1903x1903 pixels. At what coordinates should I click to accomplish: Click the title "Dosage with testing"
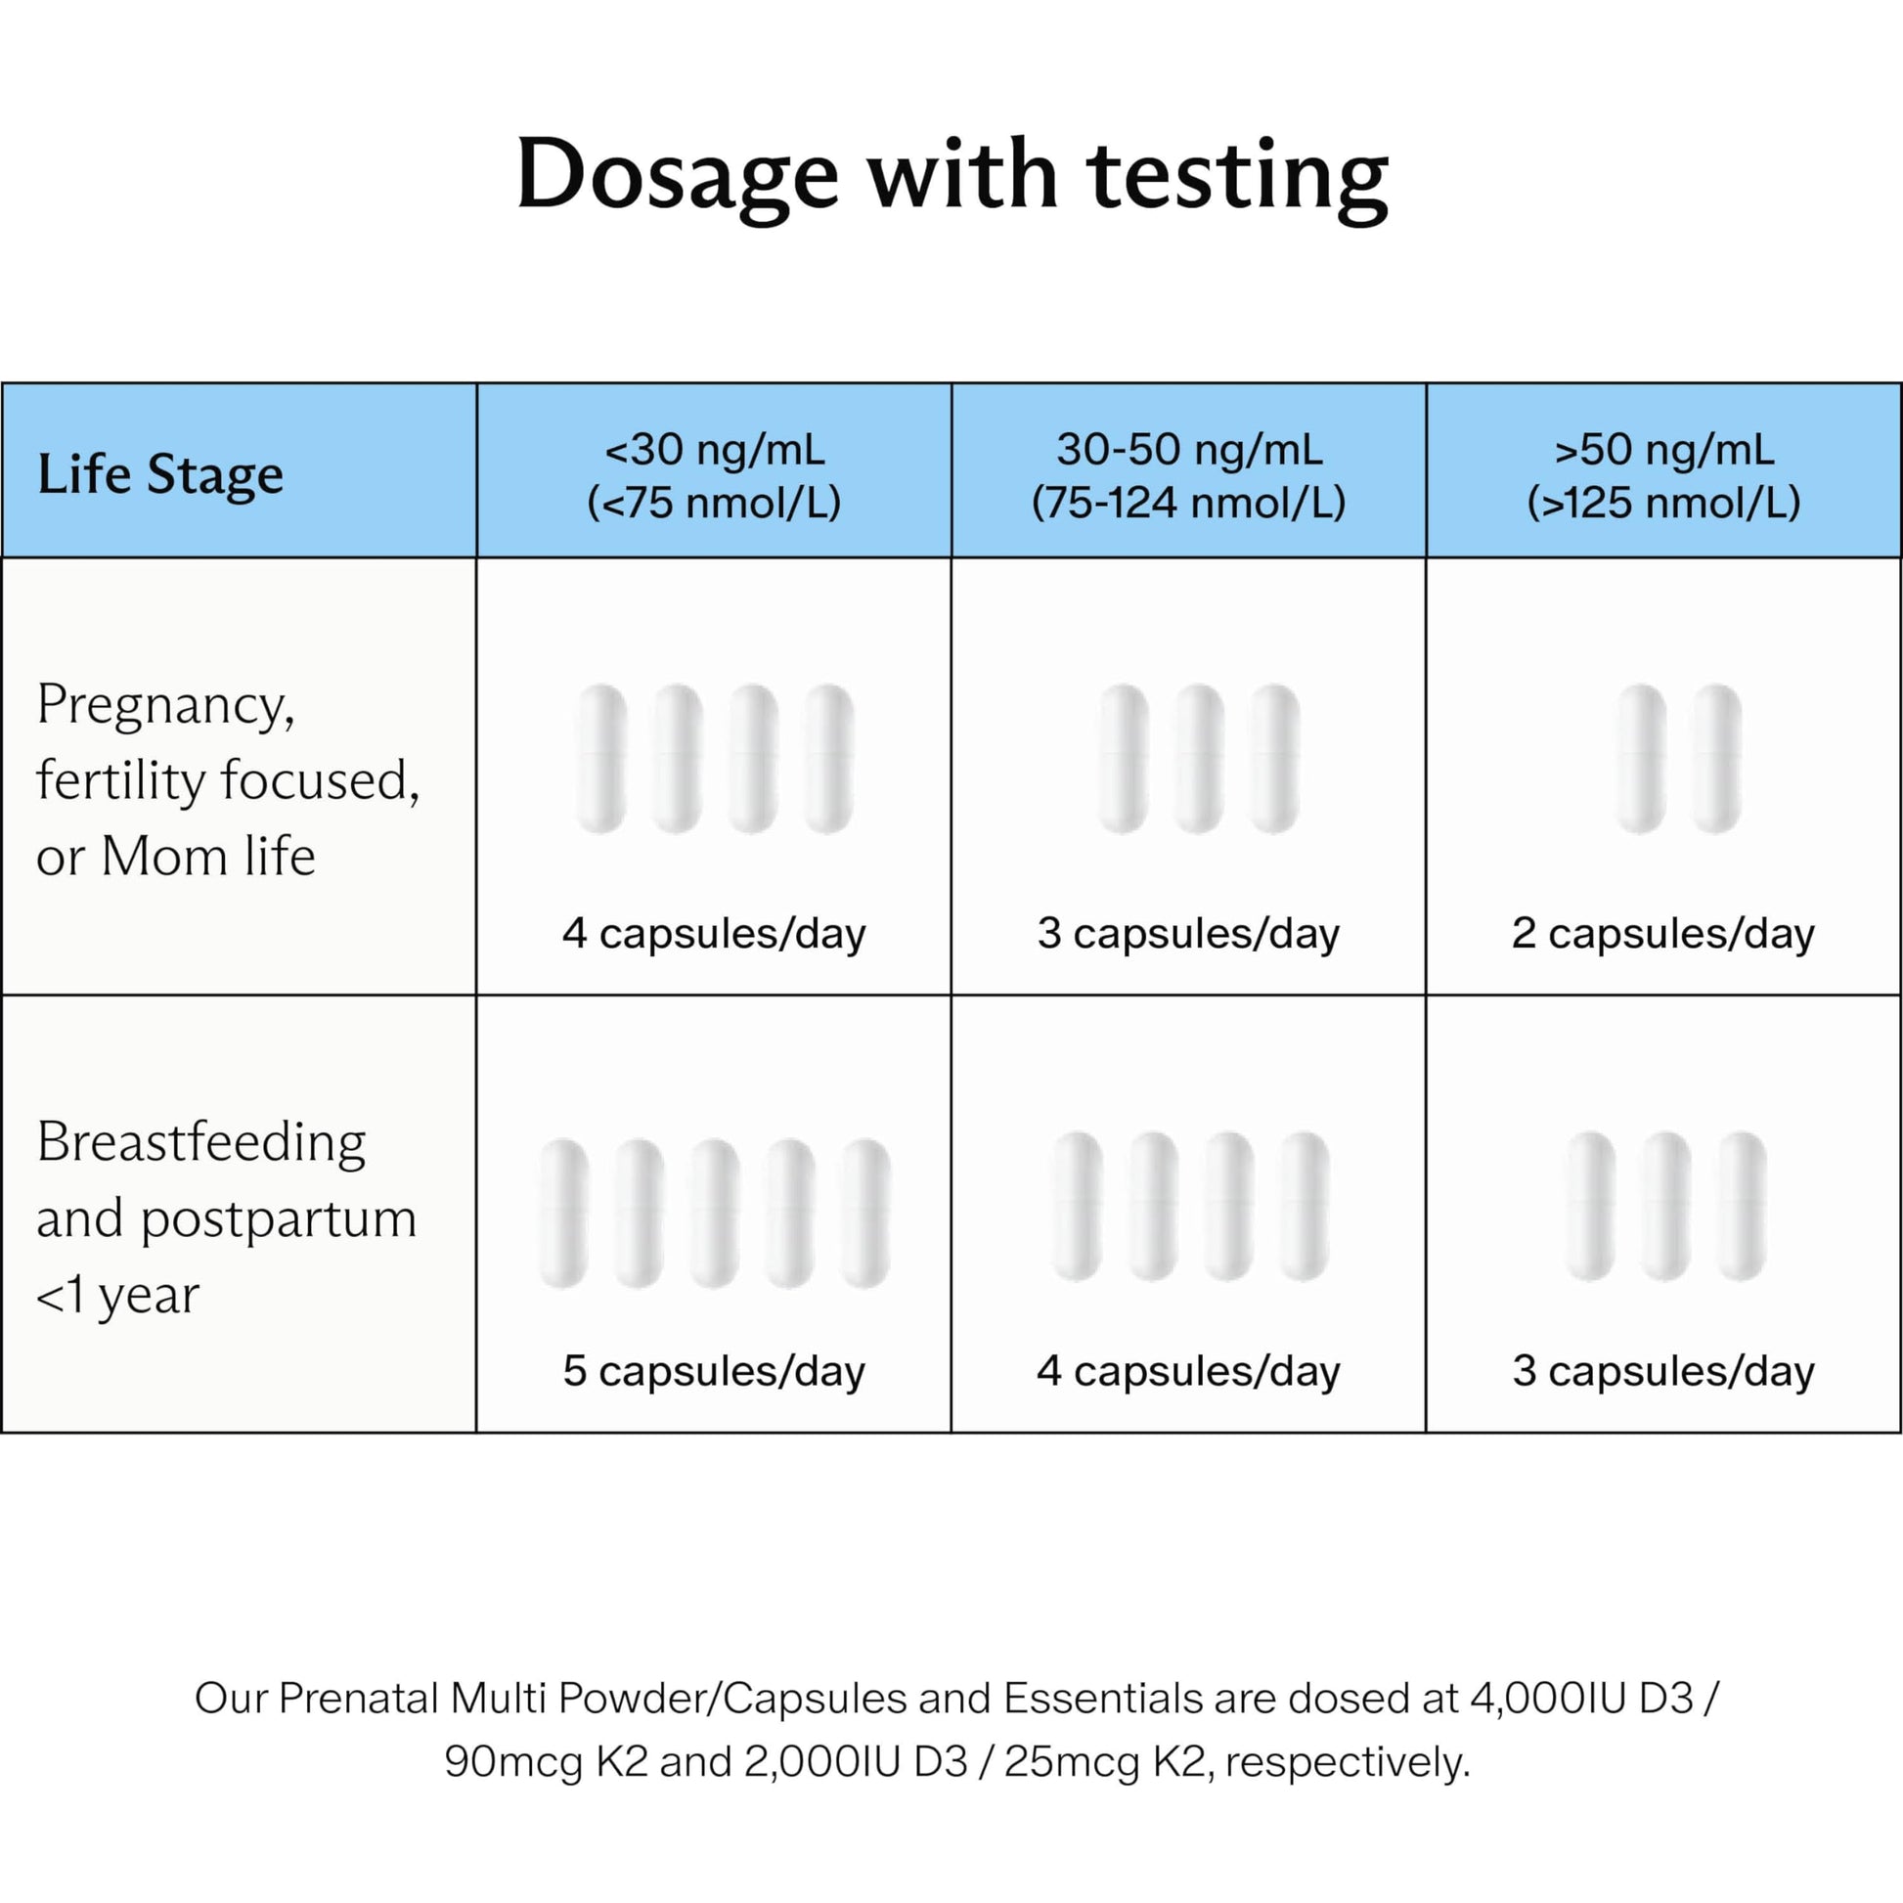pos(951,177)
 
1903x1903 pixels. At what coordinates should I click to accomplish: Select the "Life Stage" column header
pos(160,473)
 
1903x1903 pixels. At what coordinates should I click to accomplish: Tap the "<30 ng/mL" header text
pos(714,450)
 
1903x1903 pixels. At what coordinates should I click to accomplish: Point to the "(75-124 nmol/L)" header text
pos(1189,503)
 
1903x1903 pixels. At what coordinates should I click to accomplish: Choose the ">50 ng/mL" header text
pos(1663,450)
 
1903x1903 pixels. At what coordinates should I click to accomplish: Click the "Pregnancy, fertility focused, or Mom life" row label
pos(228,779)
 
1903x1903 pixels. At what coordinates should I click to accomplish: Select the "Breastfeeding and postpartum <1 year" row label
pos(227,1217)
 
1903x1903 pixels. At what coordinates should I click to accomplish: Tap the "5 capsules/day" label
pos(714,1370)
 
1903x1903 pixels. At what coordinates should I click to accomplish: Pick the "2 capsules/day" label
pos(1663,933)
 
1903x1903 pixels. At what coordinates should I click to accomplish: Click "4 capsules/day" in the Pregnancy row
pos(714,933)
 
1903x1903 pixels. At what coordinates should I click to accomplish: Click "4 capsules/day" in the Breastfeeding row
pos(1189,1370)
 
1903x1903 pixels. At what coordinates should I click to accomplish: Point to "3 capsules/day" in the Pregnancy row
pos(1189,933)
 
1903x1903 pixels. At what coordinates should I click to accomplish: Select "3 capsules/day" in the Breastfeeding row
pos(1663,1370)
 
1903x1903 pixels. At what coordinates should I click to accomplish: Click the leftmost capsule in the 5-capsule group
pos(564,1214)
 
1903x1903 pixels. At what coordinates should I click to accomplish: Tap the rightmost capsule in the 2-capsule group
pos(1717,759)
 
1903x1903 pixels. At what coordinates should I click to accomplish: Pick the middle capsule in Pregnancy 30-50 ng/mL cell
pos(1199,759)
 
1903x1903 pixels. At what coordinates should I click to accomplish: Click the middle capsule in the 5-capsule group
pos(714,1214)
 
